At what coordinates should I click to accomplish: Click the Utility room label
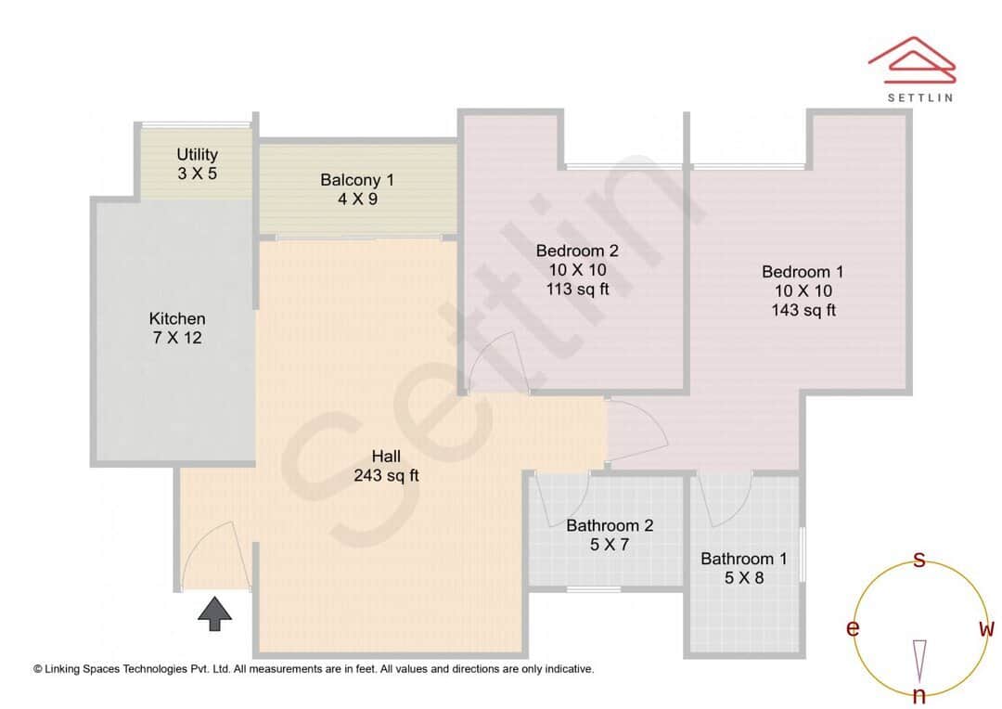tap(197, 154)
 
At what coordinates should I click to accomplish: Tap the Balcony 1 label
tap(357, 179)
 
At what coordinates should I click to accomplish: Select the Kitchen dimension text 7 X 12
tap(177, 338)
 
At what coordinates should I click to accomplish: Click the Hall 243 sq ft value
tap(386, 476)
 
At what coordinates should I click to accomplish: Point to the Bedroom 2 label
tap(577, 250)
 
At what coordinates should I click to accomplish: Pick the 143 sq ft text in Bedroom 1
tap(803, 310)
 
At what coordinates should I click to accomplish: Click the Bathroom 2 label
tap(610, 525)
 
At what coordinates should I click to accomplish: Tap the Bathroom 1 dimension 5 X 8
tap(743, 578)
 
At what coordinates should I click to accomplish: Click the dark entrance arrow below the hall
tap(215, 613)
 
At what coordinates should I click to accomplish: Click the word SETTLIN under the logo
tap(919, 97)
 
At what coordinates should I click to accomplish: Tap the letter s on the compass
tap(919, 560)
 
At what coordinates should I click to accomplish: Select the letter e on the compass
tap(852, 629)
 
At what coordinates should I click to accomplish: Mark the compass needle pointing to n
tap(919, 660)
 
